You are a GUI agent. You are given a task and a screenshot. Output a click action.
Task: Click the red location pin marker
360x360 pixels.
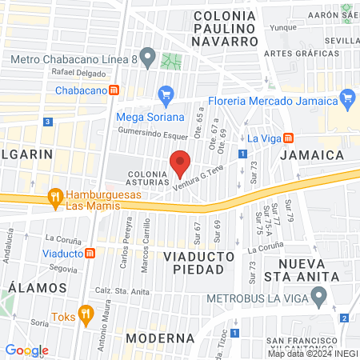(181, 162)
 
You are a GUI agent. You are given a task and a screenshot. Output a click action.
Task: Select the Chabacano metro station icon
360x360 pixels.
(115, 90)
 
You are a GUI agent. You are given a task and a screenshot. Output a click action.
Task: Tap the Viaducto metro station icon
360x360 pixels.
(91, 254)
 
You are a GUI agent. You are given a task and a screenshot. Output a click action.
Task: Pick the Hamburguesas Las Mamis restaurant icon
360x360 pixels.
(54, 194)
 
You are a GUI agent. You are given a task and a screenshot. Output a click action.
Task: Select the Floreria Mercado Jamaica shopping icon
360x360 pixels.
(346, 100)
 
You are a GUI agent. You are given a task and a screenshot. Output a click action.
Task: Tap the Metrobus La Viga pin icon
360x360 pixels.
(319, 299)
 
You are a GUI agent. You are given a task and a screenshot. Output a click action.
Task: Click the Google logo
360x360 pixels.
(26, 350)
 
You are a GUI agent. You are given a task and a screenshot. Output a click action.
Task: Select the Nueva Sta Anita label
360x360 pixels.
(315, 271)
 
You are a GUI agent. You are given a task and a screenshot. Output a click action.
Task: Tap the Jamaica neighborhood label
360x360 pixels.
(318, 154)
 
